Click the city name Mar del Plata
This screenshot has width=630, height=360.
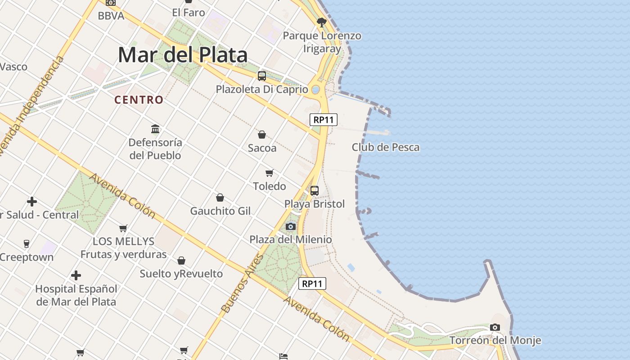183,55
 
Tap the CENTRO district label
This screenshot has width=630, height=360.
139,100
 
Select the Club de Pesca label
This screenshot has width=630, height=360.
385,147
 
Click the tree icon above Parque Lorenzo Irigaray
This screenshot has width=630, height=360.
321,22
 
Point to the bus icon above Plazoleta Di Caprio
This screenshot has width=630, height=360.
262,76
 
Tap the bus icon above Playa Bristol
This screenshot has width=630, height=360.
315,191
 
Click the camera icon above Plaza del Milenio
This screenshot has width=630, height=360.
291,226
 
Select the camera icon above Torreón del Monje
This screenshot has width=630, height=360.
495,327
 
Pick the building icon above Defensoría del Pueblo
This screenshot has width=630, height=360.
156,129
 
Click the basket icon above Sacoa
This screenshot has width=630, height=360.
262,135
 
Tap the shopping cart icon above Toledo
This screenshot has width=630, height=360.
270,173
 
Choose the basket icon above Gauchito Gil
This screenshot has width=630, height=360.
220,198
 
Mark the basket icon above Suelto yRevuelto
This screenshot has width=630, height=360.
181,261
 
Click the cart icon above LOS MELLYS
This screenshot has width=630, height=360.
123,228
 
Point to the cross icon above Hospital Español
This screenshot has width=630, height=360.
76,275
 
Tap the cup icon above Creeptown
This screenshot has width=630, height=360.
27,244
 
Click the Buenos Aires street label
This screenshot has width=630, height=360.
242,283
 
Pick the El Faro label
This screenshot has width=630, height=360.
189,13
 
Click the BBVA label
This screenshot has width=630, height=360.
111,16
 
